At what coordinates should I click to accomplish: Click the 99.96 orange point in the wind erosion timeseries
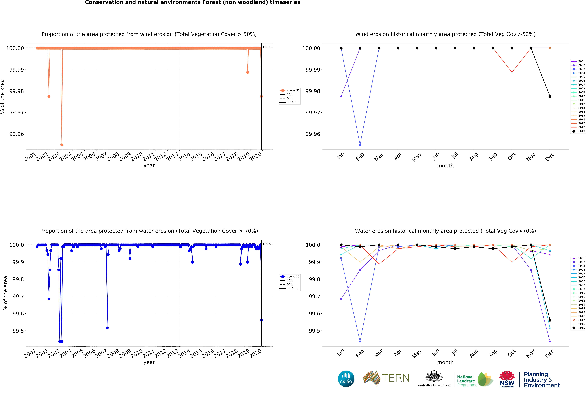[62, 145]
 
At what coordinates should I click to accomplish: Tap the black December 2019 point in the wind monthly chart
[550, 97]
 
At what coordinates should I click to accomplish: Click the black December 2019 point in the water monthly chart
[550, 320]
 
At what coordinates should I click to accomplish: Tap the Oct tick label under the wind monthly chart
[512, 156]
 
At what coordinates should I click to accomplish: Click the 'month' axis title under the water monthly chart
[445, 362]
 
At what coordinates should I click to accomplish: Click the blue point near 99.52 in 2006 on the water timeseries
[107, 328]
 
